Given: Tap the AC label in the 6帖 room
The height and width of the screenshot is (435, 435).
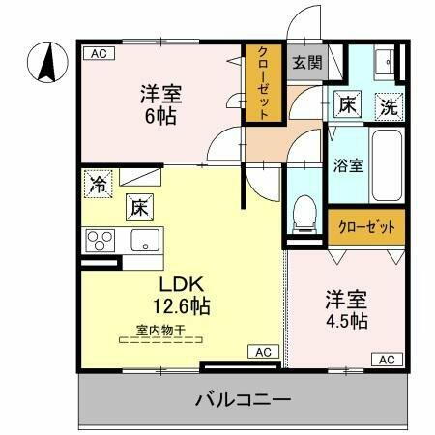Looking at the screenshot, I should pyautogui.click(x=97, y=54).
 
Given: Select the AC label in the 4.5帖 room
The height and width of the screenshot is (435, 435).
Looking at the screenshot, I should pyautogui.click(x=386, y=360).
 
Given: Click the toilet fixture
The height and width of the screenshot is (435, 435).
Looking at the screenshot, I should pyautogui.click(x=304, y=210).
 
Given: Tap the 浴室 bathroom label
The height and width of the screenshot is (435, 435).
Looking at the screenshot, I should pyautogui.click(x=348, y=164).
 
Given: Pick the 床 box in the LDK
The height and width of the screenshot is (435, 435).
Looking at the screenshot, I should pyautogui.click(x=138, y=205).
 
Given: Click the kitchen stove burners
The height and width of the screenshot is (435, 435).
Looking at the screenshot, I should pyautogui.click(x=100, y=239).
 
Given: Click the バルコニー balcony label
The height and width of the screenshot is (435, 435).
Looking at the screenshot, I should pyautogui.click(x=243, y=398).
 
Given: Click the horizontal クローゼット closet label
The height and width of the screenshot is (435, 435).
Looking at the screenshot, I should pyautogui.click(x=366, y=228).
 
